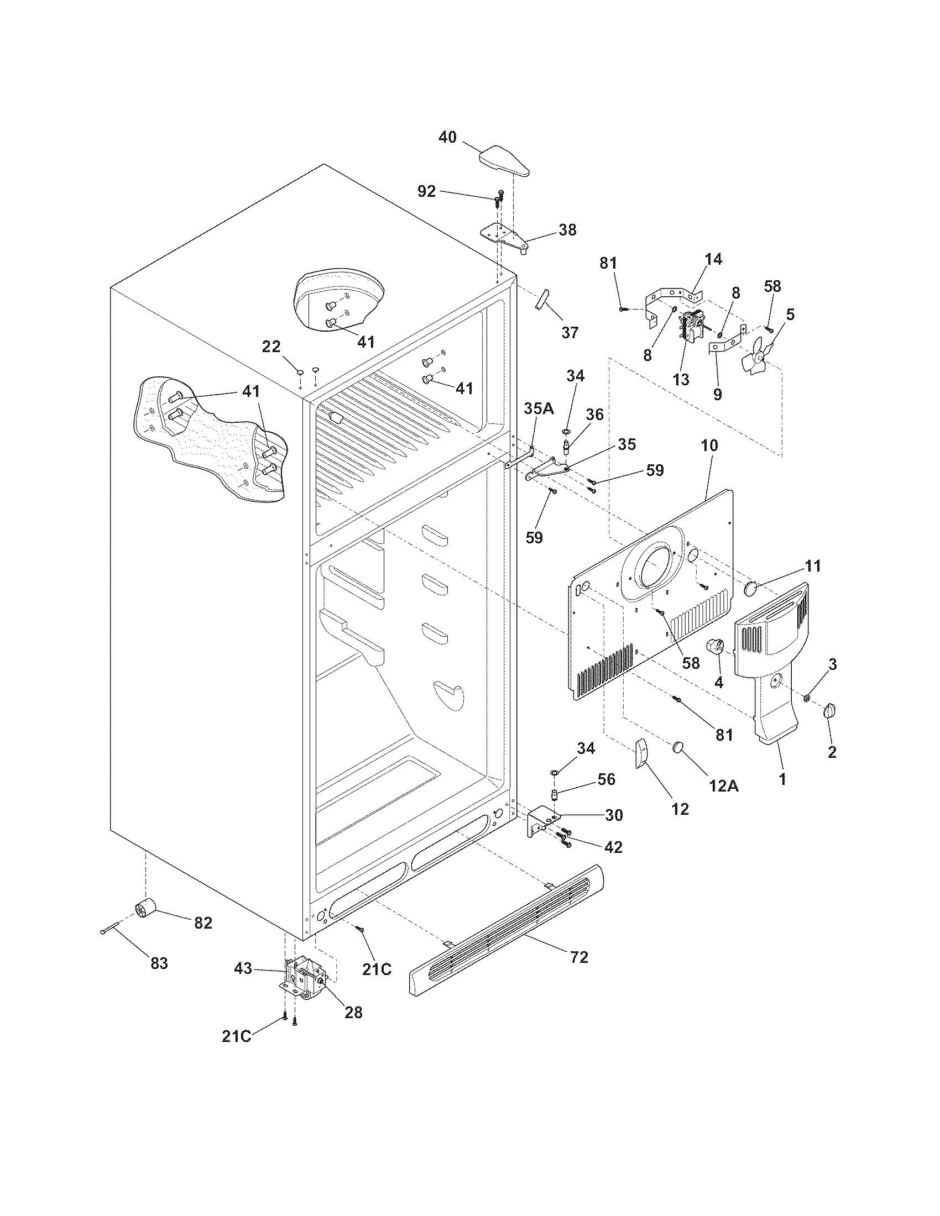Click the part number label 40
pos(447,137)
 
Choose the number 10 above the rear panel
pos(709,445)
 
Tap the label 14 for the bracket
pos(713,259)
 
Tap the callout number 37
pos(570,332)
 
